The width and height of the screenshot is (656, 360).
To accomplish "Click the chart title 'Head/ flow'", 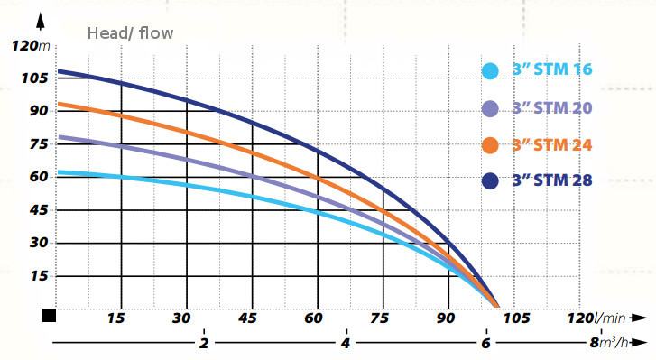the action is pyautogui.click(x=130, y=33).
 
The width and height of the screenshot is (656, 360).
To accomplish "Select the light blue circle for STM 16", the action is pyautogui.click(x=490, y=70).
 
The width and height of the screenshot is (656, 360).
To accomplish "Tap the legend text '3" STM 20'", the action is pyautogui.click(x=552, y=108).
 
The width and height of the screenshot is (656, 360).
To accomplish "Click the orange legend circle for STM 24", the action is pyautogui.click(x=490, y=145).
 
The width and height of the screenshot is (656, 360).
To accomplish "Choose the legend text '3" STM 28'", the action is pyautogui.click(x=552, y=180).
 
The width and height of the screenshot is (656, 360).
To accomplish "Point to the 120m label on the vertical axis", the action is pyautogui.click(x=31, y=46).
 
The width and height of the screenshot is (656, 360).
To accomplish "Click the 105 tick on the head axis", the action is pyautogui.click(x=34, y=78).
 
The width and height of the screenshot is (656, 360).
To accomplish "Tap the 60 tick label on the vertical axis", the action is pyautogui.click(x=39, y=177).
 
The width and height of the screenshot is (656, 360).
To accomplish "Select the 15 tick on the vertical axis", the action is pyautogui.click(x=40, y=276).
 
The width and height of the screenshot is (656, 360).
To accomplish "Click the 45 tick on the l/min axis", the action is pyautogui.click(x=247, y=318).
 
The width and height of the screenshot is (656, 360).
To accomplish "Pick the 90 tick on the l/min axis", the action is pyautogui.click(x=445, y=318).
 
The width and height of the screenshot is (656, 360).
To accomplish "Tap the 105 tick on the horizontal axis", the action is pyautogui.click(x=516, y=318).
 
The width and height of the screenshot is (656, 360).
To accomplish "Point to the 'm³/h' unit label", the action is pyautogui.click(x=614, y=343).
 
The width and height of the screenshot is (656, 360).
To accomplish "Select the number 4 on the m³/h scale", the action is pyautogui.click(x=346, y=343).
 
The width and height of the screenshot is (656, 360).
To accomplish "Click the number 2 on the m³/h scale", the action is pyautogui.click(x=204, y=343).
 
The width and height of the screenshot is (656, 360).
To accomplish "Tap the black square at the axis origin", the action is pyautogui.click(x=50, y=316).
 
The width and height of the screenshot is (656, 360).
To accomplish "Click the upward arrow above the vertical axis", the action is pyautogui.click(x=41, y=21).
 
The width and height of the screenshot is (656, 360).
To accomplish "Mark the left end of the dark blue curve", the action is pyautogui.click(x=58, y=71).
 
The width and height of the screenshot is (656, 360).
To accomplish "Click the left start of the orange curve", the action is pyautogui.click(x=58, y=104).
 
